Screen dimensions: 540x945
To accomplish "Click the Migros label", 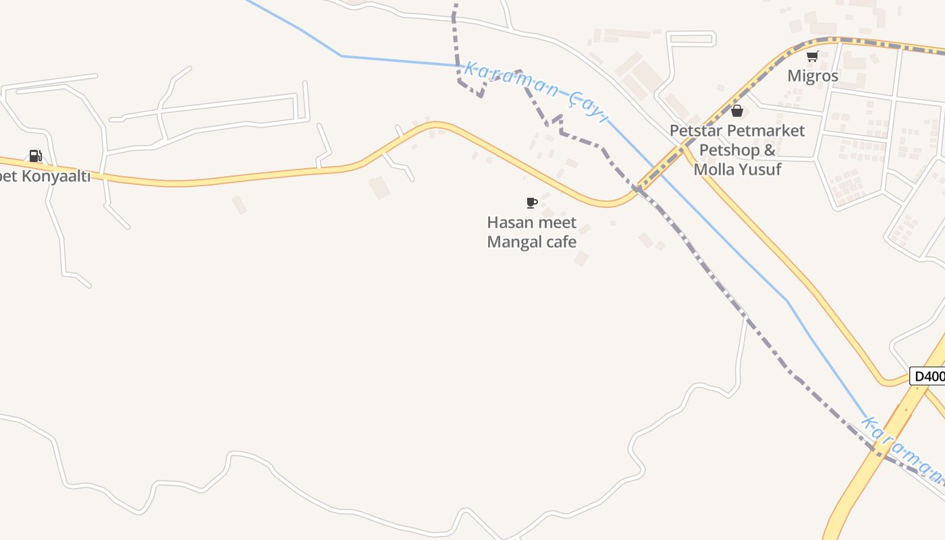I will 813,76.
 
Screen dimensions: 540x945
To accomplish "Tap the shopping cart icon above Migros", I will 813,57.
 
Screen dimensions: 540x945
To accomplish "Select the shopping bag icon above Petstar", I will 737,111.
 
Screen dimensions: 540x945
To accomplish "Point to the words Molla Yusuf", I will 737,169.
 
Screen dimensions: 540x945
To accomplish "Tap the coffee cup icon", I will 532,202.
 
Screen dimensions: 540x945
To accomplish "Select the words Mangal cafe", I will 532,242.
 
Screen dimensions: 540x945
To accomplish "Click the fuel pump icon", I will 36,156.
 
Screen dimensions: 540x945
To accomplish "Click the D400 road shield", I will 928,376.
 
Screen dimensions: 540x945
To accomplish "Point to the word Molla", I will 714,169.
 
